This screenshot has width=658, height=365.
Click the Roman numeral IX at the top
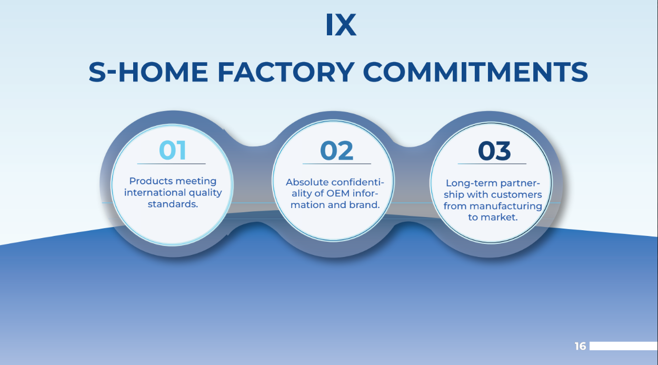tap(341, 25)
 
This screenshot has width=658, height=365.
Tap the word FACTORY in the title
tap(285, 72)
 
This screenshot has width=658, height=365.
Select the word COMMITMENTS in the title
tap(475, 72)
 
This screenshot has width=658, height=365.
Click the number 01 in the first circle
tap(173, 151)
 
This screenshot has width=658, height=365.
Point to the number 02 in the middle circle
tap(336, 151)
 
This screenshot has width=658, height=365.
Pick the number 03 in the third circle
tap(494, 151)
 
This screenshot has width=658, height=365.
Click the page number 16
tap(580, 347)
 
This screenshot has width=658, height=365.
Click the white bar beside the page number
tap(623, 346)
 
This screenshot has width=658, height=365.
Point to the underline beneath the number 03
tap(492, 164)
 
